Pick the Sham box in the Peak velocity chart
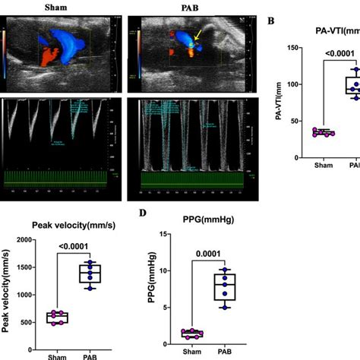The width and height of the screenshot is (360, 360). [55, 317]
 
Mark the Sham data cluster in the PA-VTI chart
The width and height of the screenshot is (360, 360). [324, 132]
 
